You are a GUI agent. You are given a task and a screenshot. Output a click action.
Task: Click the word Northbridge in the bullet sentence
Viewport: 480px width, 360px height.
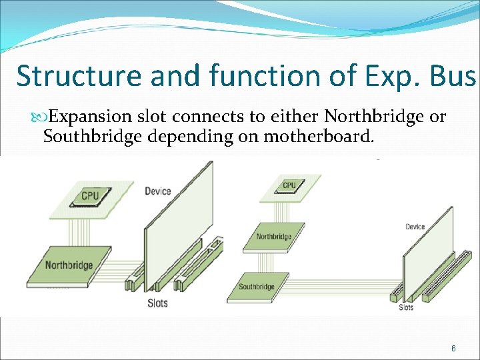(x=374, y=117)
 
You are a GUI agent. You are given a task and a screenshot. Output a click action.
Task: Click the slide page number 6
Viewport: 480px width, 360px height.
(x=454, y=348)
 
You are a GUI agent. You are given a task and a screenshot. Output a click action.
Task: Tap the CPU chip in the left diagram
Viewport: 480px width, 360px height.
(x=89, y=196)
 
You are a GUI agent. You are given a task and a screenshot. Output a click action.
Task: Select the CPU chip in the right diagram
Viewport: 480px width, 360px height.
(x=289, y=185)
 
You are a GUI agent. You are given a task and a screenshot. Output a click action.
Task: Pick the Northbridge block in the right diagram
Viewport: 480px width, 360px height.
(x=274, y=237)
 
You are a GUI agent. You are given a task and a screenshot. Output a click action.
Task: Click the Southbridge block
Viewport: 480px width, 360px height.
(x=257, y=286)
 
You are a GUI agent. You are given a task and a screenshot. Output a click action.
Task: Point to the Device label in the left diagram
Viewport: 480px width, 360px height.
(x=158, y=191)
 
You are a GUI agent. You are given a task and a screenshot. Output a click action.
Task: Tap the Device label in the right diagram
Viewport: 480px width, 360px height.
(x=415, y=227)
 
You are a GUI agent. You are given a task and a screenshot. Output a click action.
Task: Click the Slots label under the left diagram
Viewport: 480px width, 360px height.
(x=157, y=303)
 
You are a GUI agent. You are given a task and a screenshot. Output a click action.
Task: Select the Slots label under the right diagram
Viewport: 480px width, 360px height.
(x=406, y=307)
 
